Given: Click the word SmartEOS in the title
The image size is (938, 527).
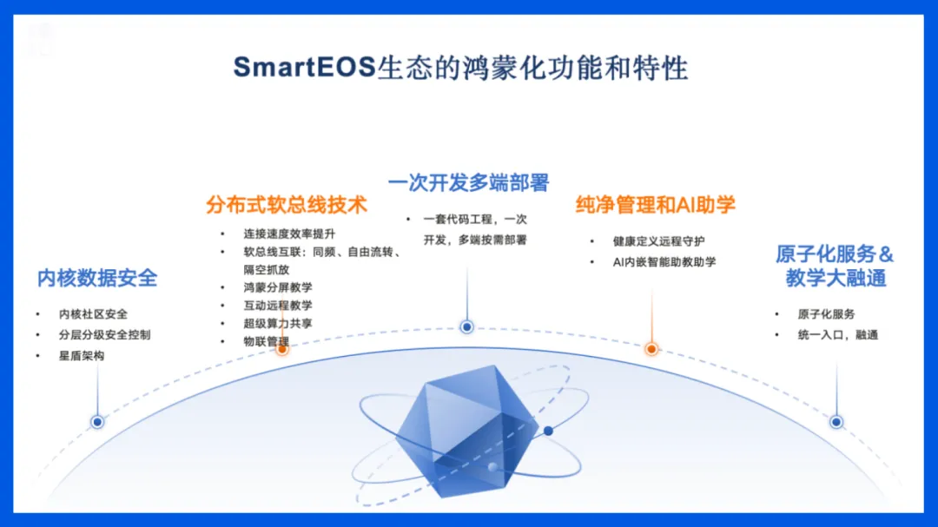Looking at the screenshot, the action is [x=304, y=66].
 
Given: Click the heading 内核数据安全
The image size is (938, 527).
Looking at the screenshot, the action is [x=97, y=278].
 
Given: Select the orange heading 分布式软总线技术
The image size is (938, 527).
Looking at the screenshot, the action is [x=286, y=205].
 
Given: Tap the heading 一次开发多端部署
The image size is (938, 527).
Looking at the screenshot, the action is [x=468, y=183].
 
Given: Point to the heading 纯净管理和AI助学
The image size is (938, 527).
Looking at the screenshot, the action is [x=655, y=205].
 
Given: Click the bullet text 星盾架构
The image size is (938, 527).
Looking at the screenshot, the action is [x=82, y=355].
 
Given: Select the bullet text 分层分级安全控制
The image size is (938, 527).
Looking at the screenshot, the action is [x=105, y=334].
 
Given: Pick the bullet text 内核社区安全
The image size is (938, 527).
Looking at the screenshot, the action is [x=93, y=314].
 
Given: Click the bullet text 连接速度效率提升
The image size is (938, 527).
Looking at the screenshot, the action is [x=289, y=234].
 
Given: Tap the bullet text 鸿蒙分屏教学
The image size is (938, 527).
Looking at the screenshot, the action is [x=278, y=287].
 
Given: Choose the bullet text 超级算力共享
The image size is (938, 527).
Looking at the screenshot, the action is [x=278, y=324].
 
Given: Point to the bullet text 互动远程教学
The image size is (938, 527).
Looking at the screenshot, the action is [x=278, y=306].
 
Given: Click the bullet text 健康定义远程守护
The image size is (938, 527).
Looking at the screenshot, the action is [x=658, y=241].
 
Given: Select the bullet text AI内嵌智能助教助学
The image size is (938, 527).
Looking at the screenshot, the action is [x=664, y=262].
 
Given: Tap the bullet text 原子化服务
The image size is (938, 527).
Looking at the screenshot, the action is [x=826, y=314].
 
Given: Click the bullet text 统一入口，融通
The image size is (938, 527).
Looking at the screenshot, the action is [x=837, y=335].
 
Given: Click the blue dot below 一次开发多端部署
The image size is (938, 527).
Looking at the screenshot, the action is [x=466, y=326].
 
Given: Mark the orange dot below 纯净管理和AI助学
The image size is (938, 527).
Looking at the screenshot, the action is [x=651, y=349].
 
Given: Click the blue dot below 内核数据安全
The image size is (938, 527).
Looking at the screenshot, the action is [x=97, y=422].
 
